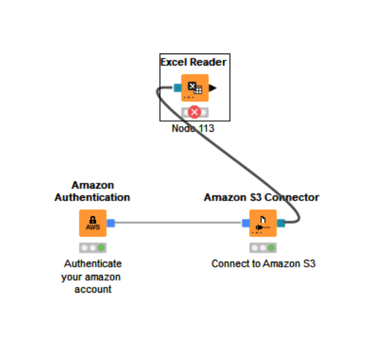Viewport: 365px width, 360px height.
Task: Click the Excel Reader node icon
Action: point(195,88)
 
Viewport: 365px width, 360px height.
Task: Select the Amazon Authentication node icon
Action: point(93,223)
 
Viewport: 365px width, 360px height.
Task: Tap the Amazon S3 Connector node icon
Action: point(263,223)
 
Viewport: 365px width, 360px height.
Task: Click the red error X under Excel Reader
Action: point(195,112)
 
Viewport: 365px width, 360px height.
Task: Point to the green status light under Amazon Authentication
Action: point(101,248)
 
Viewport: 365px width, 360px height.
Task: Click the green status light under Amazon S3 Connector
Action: point(272,248)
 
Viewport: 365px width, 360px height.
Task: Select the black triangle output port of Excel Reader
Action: point(213,88)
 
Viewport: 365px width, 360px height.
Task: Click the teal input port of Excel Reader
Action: point(178,88)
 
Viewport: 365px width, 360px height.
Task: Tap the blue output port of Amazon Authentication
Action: point(111,223)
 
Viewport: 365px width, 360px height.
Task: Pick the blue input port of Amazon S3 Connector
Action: point(246,223)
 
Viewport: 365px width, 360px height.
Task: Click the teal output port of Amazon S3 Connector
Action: point(281,223)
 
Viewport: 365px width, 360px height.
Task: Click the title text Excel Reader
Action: point(194,62)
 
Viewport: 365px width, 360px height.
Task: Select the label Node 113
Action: point(193,129)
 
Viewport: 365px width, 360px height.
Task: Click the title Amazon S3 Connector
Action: point(262,197)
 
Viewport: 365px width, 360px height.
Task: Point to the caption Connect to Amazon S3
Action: point(264,264)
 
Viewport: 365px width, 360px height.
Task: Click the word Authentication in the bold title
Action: point(92,197)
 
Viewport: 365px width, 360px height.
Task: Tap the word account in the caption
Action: point(93,289)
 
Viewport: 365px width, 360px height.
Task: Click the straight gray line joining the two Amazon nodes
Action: point(178,223)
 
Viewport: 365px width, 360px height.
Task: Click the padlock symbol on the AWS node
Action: point(93,220)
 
